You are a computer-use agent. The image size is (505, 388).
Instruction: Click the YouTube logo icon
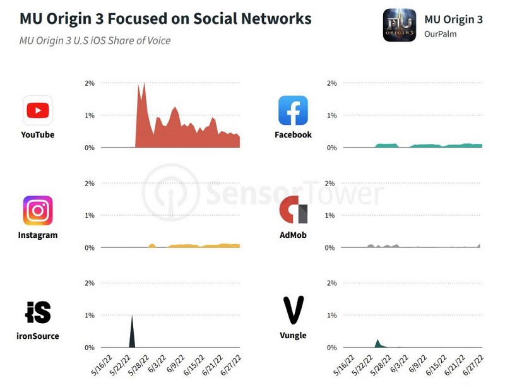(x=38, y=111)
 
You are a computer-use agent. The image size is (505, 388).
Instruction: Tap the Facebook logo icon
(x=293, y=110)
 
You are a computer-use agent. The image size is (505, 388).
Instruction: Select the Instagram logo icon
(x=38, y=211)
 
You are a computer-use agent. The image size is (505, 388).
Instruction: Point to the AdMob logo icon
(x=293, y=210)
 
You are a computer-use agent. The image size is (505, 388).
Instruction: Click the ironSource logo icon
(x=38, y=312)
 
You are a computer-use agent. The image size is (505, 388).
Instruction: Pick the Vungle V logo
(x=293, y=310)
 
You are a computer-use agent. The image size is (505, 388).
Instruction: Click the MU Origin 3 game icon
(x=399, y=25)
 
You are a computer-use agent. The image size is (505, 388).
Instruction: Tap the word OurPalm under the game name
(x=440, y=34)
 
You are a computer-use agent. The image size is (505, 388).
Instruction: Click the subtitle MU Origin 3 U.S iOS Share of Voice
(x=95, y=41)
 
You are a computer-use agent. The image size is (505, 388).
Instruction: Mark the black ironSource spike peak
(x=132, y=317)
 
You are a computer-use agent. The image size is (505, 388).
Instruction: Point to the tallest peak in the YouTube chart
(x=144, y=84)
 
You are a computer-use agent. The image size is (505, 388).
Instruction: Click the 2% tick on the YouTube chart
(x=89, y=83)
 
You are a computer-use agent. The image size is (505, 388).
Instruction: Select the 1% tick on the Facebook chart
(x=331, y=115)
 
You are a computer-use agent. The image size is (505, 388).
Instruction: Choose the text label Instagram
(x=38, y=235)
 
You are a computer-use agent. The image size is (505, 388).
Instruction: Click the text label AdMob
(x=293, y=235)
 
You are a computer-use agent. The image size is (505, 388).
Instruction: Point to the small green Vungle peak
(x=377, y=341)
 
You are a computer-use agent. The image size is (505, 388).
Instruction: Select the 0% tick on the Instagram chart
(x=89, y=248)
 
